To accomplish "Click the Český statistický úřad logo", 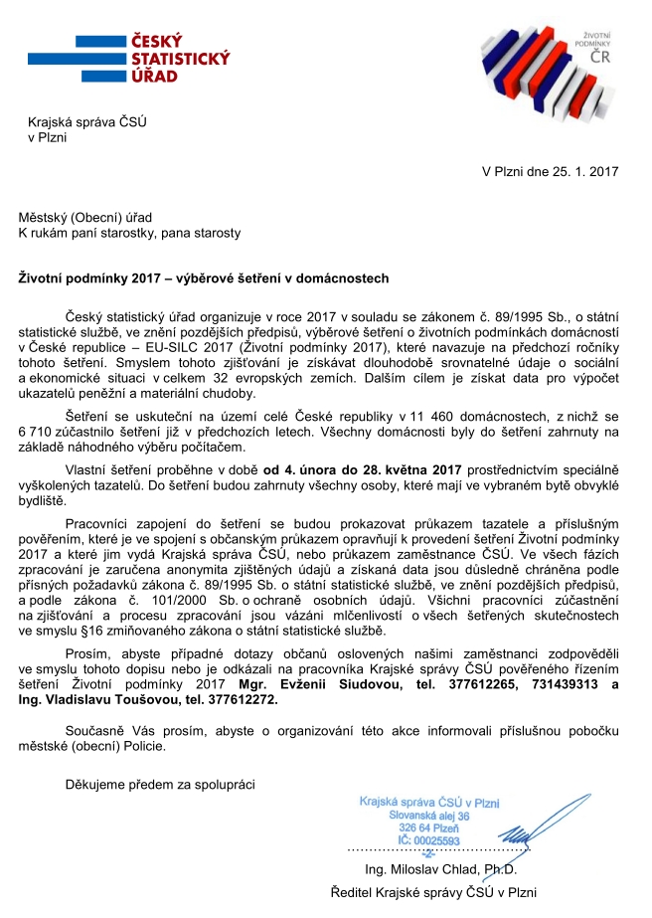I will [148, 62].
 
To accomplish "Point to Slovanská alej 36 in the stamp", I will [426, 816].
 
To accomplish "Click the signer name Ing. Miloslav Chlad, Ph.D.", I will [436, 869].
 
